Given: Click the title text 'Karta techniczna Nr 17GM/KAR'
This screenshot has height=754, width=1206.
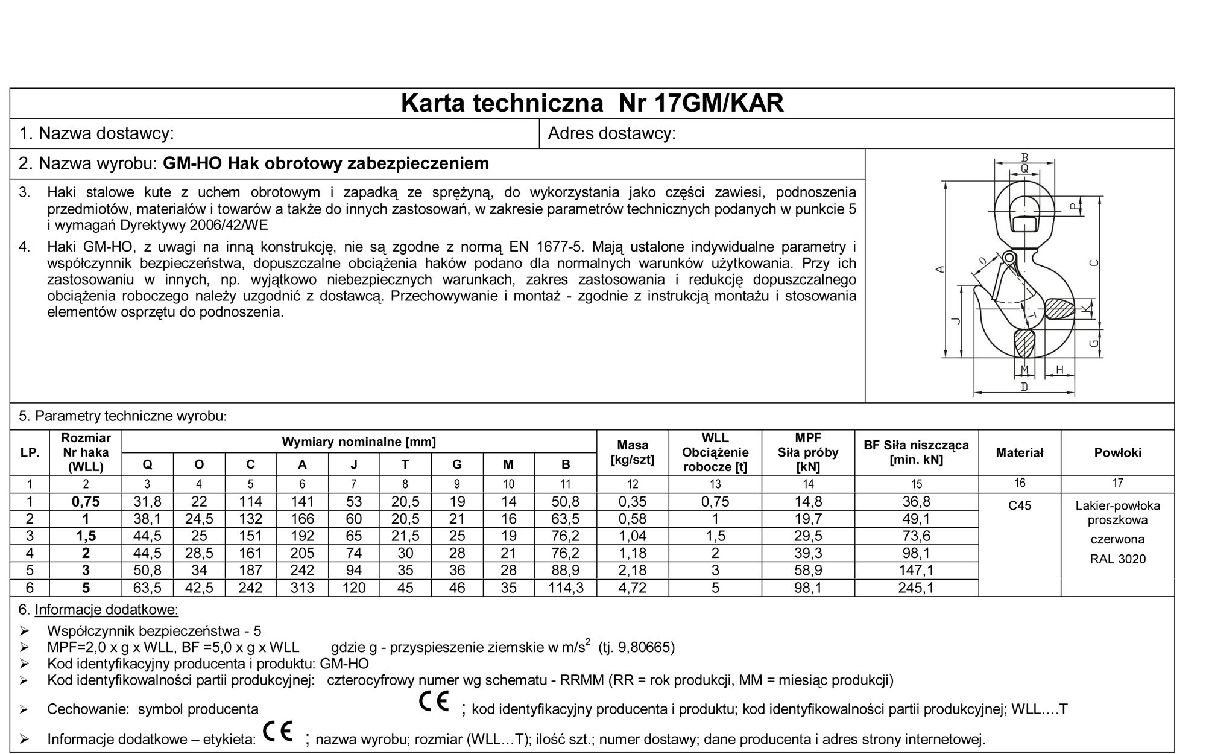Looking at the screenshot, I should click(592, 103).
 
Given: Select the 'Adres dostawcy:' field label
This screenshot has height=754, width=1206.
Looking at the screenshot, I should click(611, 133).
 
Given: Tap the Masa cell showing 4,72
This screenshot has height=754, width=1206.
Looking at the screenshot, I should click(632, 588).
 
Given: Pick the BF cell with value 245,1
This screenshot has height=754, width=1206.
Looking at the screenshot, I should click(916, 588).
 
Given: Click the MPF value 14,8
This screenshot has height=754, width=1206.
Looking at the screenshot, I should click(808, 502).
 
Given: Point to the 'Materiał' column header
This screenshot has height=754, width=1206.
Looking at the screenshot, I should click(1019, 452).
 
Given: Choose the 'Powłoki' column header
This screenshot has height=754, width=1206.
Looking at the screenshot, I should click(1117, 452).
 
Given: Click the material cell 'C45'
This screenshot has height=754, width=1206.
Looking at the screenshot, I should click(1019, 505).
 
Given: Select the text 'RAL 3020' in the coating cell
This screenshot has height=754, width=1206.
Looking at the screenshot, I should click(1117, 559).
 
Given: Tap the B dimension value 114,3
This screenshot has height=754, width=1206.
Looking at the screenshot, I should click(565, 588).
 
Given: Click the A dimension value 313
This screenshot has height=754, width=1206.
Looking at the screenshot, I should click(302, 588).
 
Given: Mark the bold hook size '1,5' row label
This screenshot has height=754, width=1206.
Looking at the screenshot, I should click(86, 536).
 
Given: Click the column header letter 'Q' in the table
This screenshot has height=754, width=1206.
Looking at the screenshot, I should click(147, 464).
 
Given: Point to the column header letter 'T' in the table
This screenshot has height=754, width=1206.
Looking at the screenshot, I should click(405, 464).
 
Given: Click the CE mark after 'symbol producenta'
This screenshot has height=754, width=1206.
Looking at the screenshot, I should click(434, 702).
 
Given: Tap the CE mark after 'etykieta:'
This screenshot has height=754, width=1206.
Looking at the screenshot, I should click(278, 732).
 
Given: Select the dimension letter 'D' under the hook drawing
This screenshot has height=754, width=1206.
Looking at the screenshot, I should click(1024, 387).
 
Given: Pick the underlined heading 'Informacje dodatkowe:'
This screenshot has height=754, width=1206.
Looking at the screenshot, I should click(106, 610).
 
